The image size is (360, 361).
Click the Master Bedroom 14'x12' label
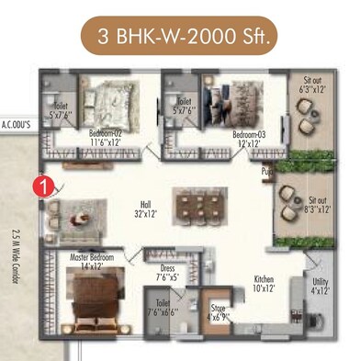click(91, 263)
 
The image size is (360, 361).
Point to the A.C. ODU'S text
click(17, 122)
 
